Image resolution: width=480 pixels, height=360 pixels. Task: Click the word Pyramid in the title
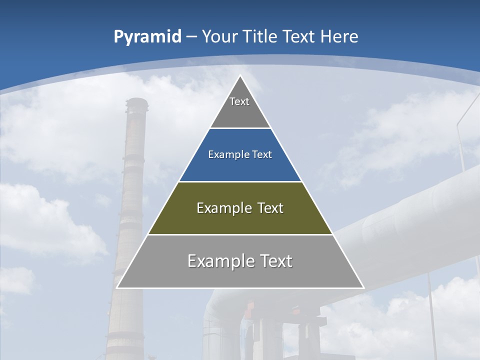coord(147,36)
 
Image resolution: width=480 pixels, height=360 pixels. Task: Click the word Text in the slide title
coord(300,36)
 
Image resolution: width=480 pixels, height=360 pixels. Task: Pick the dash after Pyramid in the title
coord(191,37)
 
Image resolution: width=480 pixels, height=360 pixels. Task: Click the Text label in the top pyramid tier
coord(239,101)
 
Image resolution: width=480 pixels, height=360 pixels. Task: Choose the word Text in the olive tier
coord(267,208)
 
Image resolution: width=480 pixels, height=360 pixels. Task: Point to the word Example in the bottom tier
coord(220,261)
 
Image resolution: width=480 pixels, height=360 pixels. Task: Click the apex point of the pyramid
coord(240,76)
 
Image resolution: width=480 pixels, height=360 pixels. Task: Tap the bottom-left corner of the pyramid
coord(117,287)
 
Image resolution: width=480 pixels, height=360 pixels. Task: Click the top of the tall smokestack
coord(136,100)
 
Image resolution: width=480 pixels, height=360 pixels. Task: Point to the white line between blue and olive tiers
coord(240,181)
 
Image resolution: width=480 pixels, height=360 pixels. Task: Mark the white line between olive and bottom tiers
coord(240,234)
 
